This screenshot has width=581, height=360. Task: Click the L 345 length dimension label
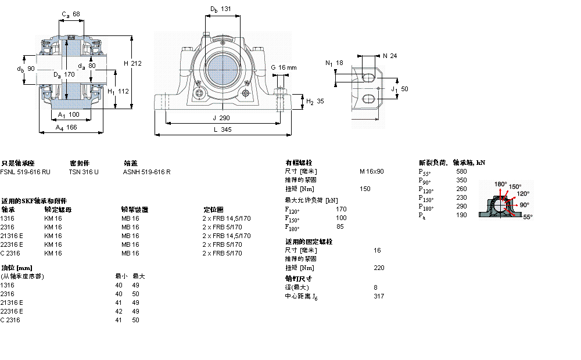coord(223,130)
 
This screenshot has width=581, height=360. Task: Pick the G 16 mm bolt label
coord(284,67)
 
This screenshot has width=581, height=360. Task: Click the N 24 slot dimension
coord(390,56)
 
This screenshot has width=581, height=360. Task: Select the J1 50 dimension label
coord(400,89)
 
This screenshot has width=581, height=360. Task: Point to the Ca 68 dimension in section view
coord(71,14)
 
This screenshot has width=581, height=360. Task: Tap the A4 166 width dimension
coord(66,127)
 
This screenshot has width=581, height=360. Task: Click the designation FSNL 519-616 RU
coord(26,172)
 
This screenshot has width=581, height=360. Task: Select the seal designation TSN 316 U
coord(84,172)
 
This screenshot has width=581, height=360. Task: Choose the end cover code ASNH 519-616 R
coord(146,172)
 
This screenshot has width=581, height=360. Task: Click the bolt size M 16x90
coord(372,171)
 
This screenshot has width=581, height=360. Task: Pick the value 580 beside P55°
coord(461,171)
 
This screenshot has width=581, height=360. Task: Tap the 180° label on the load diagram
coord(500,184)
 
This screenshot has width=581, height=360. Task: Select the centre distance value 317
coord(378,296)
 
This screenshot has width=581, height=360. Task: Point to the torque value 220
coord(379,268)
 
